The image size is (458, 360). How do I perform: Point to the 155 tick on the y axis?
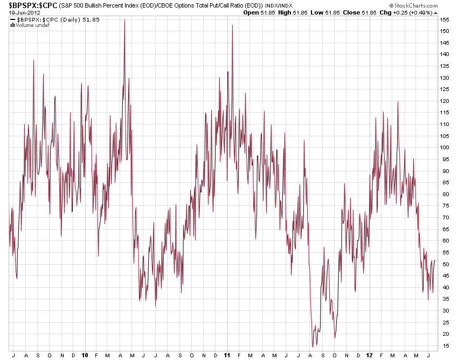tap(444, 19)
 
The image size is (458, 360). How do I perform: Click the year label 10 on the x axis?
tap(85, 356)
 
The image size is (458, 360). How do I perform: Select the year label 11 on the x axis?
tap(226, 356)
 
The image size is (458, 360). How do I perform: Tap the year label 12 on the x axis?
tap(369, 356)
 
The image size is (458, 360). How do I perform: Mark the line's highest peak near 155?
tap(124, 20)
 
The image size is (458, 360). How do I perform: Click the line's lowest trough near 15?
tap(312, 347)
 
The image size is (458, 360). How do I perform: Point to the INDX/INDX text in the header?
tap(280, 5)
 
